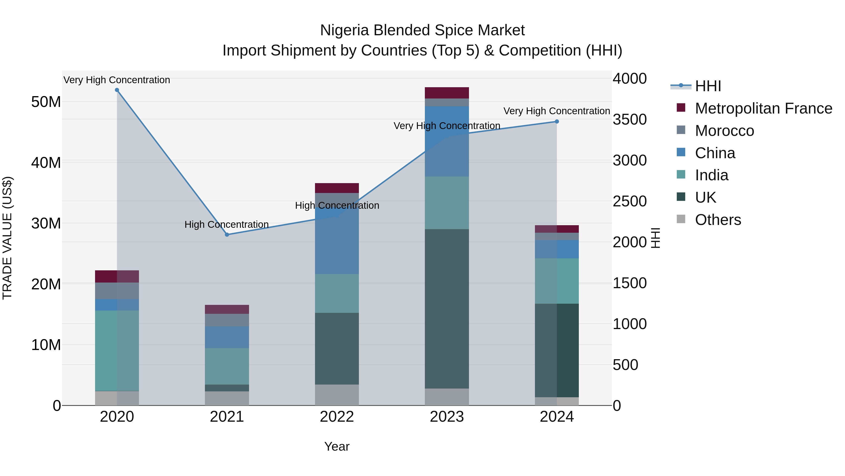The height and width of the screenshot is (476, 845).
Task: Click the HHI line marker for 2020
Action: (117, 90)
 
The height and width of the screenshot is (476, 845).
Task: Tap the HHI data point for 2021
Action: (227, 235)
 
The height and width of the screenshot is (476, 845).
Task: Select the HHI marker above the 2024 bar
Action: (557, 122)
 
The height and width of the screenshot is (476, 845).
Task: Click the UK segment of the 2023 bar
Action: (447, 309)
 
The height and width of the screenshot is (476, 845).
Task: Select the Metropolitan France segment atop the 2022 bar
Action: (337, 188)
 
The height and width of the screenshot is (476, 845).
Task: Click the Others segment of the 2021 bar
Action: (227, 398)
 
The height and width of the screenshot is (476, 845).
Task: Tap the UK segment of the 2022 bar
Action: (337, 349)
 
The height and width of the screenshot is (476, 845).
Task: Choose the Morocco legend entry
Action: (724, 131)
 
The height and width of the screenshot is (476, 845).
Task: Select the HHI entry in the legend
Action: (708, 86)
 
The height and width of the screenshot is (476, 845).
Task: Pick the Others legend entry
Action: (718, 220)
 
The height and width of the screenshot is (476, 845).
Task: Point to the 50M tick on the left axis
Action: (46, 102)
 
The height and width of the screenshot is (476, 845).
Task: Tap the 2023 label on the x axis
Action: (447, 417)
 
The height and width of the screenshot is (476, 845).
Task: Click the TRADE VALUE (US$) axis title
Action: (7, 238)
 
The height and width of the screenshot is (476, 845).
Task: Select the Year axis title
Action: (337, 446)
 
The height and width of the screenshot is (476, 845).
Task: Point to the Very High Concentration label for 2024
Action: (557, 111)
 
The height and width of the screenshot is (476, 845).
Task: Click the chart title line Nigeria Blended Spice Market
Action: (422, 30)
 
